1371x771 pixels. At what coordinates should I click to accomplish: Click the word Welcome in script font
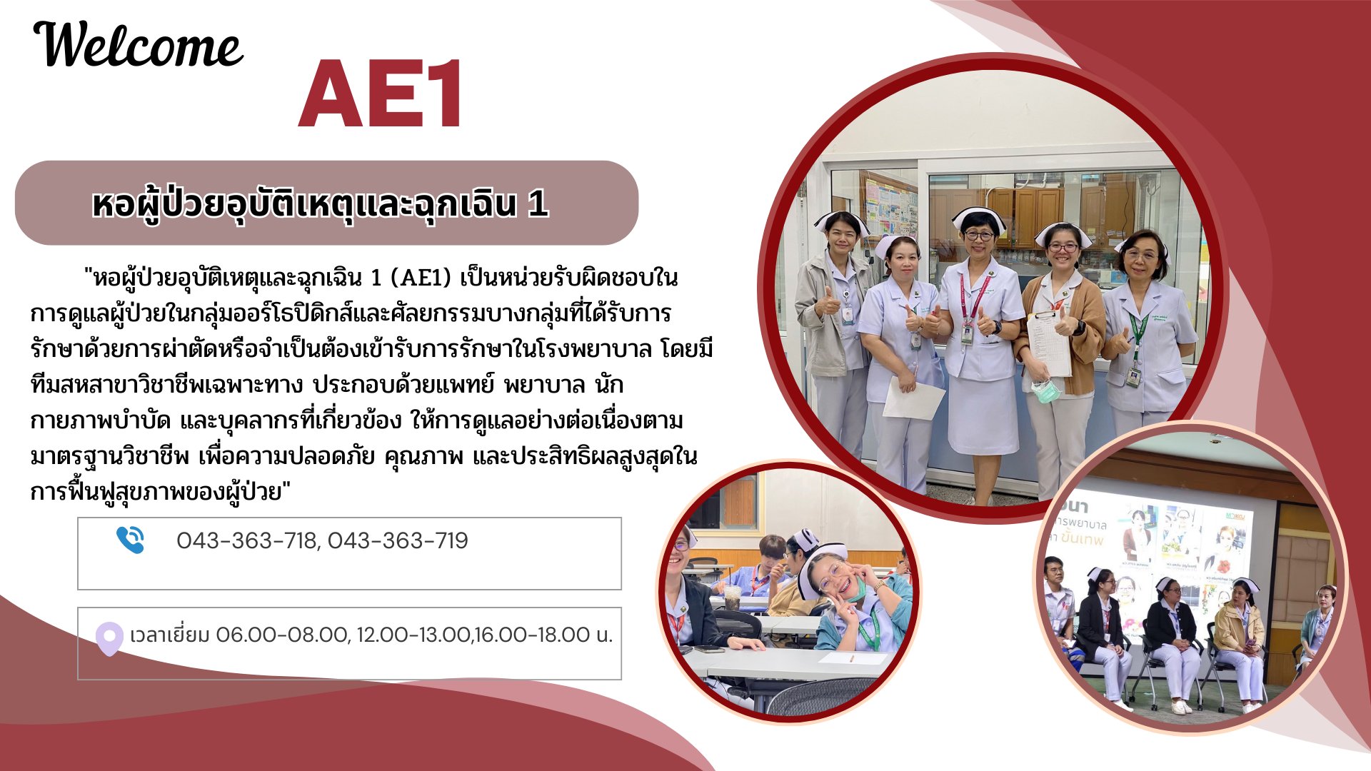(x=139, y=44)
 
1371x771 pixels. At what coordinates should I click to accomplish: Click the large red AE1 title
(x=381, y=94)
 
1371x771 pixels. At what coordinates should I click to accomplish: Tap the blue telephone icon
(x=130, y=540)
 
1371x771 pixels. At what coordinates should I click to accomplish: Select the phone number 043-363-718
(x=246, y=540)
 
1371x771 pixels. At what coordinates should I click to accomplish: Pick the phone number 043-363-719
(x=398, y=540)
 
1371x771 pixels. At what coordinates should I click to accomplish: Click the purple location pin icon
(x=109, y=638)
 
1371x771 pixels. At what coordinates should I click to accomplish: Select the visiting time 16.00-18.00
(x=532, y=635)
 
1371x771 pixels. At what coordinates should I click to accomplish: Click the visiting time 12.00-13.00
(x=413, y=635)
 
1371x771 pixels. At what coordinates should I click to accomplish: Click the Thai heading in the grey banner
(x=320, y=204)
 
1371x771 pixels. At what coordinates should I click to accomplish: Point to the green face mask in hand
(x=1044, y=390)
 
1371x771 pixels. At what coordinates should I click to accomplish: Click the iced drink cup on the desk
(x=732, y=596)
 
